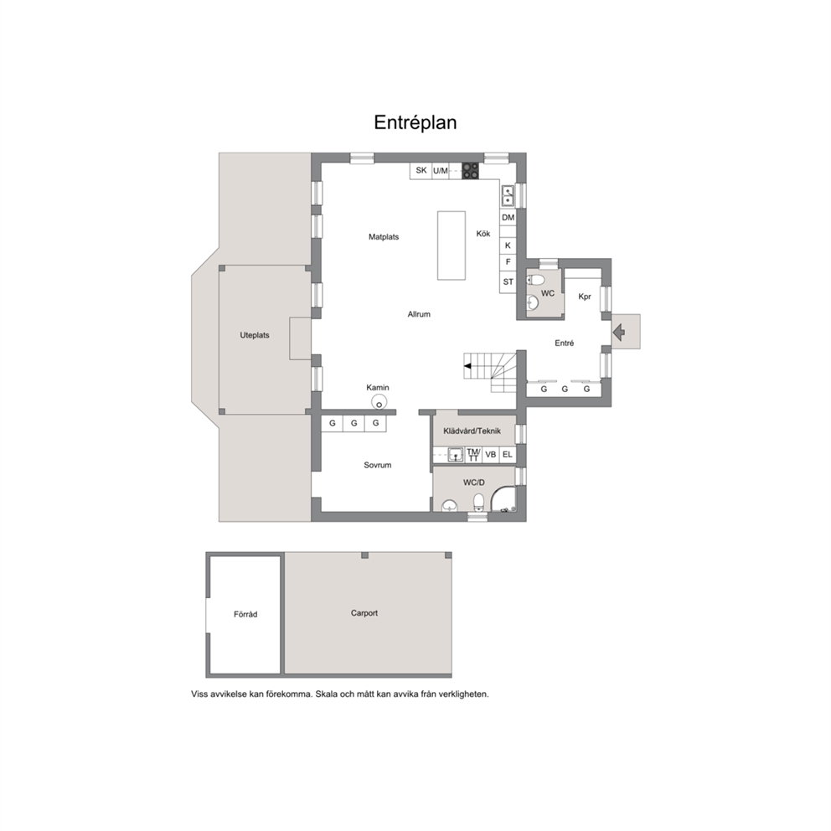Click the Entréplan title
[x=415, y=122]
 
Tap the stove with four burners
[x=470, y=171]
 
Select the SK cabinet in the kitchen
[x=421, y=171]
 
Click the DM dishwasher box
[x=508, y=217]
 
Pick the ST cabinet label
[x=508, y=282]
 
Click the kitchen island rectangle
[x=452, y=245]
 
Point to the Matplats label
[x=384, y=237]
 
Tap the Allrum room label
[x=419, y=314]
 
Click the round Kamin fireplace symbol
[x=379, y=402]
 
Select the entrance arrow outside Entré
[x=618, y=333]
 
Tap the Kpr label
[x=585, y=297]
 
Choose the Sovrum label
[x=377, y=465]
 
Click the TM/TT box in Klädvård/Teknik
[x=473, y=455]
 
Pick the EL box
[x=507, y=455]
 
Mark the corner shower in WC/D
[x=503, y=500]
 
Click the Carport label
[x=364, y=613]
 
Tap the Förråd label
[x=245, y=614]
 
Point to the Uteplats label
[x=255, y=335]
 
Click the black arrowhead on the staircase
[x=467, y=366]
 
